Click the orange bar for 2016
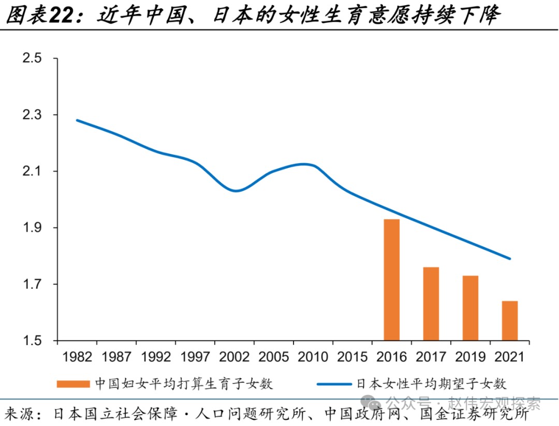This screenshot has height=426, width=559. (x=392, y=280)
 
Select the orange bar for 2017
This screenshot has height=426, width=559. (x=431, y=304)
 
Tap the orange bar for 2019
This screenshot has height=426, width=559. (x=470, y=308)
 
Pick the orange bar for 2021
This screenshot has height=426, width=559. (x=510, y=321)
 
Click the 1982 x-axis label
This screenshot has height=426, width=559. (x=77, y=357)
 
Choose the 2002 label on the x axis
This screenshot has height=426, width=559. (x=234, y=357)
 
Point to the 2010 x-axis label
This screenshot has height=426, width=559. (x=313, y=357)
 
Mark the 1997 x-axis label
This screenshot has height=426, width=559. (x=195, y=357)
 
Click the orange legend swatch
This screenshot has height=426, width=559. (x=74, y=384)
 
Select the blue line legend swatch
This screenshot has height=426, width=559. (x=334, y=384)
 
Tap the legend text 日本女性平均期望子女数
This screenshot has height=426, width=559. (x=431, y=384)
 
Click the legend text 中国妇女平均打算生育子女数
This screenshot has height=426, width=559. (x=184, y=384)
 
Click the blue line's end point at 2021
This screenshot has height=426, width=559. (x=510, y=259)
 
